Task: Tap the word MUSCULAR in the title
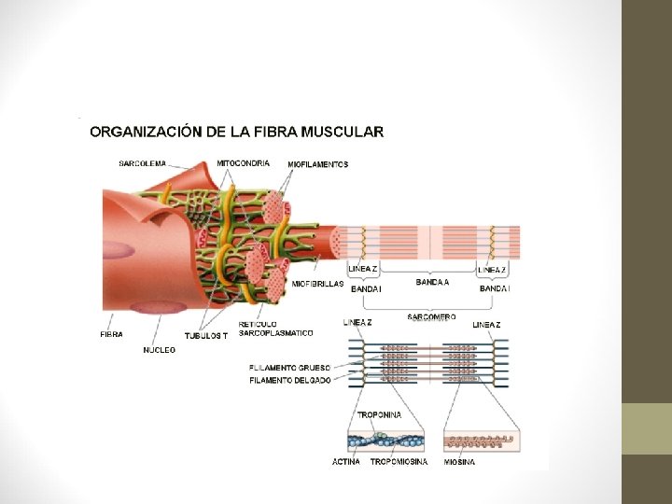click(x=344, y=132)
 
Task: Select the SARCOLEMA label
click(x=143, y=163)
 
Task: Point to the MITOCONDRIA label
click(x=243, y=162)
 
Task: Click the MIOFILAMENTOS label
click(x=317, y=164)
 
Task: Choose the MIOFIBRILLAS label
click(x=317, y=284)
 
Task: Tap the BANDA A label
click(x=432, y=281)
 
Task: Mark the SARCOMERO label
click(x=431, y=316)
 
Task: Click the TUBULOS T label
click(x=205, y=335)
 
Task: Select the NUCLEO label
click(x=159, y=350)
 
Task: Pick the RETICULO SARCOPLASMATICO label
click(x=276, y=329)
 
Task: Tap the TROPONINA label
click(x=380, y=413)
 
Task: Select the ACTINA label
click(x=346, y=462)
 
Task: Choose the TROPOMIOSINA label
click(x=399, y=462)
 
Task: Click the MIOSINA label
click(x=459, y=462)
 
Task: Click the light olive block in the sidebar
click(x=647, y=428)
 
